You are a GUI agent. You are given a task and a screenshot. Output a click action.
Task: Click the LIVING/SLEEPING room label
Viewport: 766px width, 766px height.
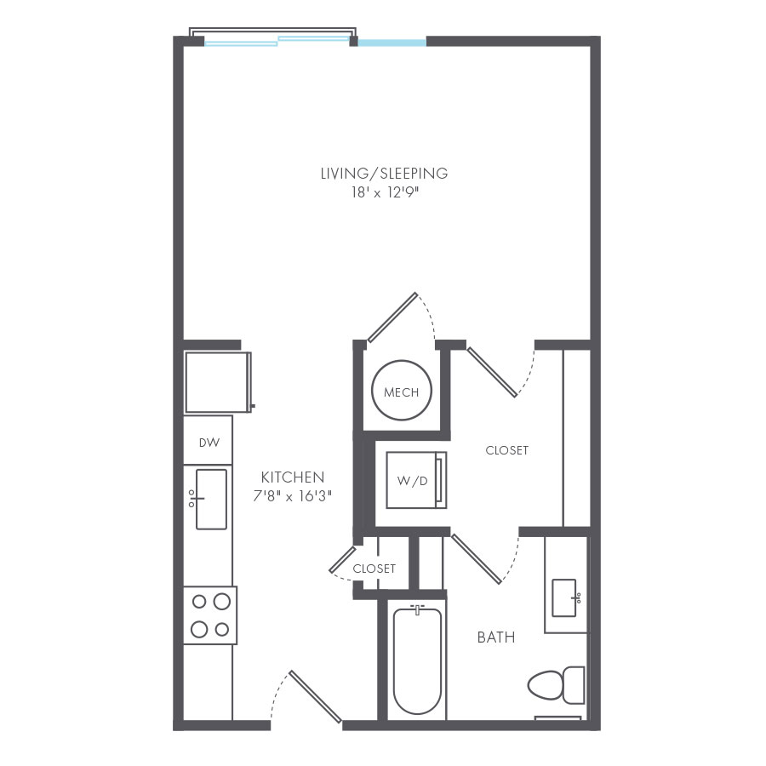pyautogui.click(x=384, y=174)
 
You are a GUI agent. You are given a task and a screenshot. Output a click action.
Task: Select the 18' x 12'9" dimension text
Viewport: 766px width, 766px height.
pyautogui.click(x=384, y=193)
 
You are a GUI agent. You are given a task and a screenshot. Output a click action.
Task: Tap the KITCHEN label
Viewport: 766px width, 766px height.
pyautogui.click(x=292, y=477)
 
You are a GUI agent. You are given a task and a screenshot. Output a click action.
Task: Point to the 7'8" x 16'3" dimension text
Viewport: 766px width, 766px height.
pyautogui.click(x=292, y=496)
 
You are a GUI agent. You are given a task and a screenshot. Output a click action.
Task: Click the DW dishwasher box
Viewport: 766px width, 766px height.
pyautogui.click(x=209, y=442)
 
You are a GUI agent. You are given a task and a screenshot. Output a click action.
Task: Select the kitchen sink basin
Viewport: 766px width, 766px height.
pyautogui.click(x=211, y=499)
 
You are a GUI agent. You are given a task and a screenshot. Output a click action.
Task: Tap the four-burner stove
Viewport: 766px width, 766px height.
pyautogui.click(x=210, y=615)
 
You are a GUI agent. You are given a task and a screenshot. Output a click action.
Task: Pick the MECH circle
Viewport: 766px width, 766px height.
pyautogui.click(x=401, y=392)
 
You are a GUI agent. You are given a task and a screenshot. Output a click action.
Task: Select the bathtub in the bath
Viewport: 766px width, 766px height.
pyautogui.click(x=417, y=660)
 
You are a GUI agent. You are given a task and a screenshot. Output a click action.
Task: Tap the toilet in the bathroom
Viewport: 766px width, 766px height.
pyautogui.click(x=557, y=683)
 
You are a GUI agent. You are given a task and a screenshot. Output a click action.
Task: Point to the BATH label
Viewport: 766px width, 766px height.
pyautogui.click(x=495, y=637)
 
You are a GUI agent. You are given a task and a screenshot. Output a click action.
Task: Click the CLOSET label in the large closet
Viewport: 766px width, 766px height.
pyautogui.click(x=506, y=450)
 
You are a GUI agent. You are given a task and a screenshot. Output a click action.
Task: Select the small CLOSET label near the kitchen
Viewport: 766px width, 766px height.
pyautogui.click(x=374, y=569)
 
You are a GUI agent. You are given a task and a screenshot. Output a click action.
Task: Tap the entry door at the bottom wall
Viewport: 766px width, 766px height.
pyautogui.click(x=316, y=695)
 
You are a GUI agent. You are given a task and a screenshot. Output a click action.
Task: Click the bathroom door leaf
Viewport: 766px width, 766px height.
pyautogui.click(x=477, y=559)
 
